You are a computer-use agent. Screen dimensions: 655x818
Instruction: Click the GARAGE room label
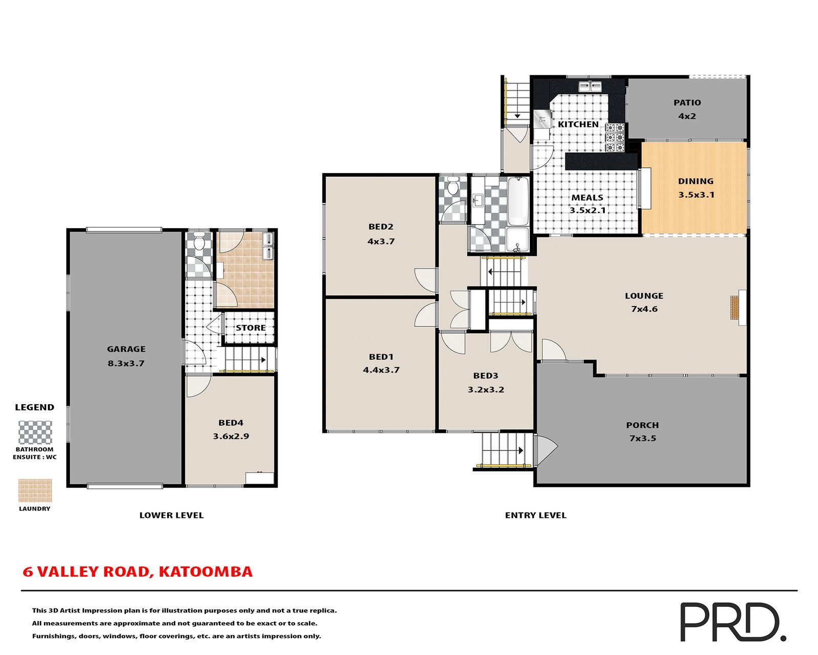tap(126, 349)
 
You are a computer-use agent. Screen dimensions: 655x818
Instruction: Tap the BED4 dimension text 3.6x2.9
tap(231, 436)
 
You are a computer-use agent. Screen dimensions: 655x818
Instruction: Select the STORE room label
tap(251, 327)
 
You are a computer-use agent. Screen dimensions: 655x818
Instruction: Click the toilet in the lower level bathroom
tap(199, 240)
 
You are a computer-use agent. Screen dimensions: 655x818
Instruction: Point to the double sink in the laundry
tap(268, 246)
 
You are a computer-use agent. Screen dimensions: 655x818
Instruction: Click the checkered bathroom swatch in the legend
tap(35, 432)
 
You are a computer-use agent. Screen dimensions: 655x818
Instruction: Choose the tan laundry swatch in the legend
tap(35, 490)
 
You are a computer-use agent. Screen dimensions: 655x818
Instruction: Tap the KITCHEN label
tap(578, 124)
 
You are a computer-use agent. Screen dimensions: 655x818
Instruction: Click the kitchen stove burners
tap(615, 138)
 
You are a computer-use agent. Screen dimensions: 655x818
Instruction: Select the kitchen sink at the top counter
tap(590, 86)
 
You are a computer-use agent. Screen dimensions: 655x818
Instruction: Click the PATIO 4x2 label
tap(687, 109)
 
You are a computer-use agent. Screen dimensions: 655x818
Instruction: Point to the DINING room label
tap(695, 181)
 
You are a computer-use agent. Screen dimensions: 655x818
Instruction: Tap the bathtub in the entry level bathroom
tap(517, 201)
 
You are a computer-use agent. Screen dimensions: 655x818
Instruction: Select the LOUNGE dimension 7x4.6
tap(644, 309)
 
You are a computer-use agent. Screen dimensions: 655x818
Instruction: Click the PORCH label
tap(642, 425)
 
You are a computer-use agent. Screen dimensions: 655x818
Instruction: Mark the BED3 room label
tap(485, 376)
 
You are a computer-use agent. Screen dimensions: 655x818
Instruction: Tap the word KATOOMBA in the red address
tap(205, 572)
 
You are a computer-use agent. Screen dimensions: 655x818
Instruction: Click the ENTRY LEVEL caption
tap(535, 515)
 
